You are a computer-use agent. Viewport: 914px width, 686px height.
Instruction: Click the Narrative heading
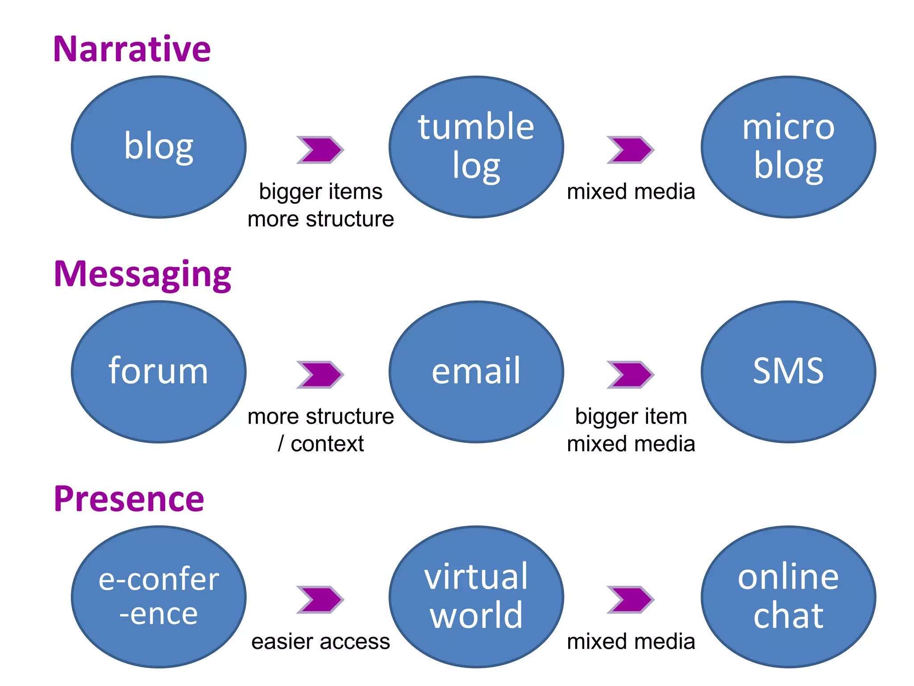coord(132,49)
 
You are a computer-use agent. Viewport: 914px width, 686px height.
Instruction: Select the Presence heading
coord(129,499)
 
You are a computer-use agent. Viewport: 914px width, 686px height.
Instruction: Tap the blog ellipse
coord(159,147)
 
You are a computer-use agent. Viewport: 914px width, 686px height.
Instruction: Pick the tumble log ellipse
coord(476,147)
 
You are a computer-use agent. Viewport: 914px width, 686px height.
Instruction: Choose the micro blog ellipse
coord(788,147)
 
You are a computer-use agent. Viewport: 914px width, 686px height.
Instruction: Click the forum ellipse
coord(159,372)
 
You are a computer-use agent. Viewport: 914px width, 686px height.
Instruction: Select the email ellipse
coord(476,372)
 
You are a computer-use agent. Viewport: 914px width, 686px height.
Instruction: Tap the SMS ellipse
coord(788,372)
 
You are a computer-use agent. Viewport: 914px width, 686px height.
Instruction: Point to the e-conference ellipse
coord(159,597)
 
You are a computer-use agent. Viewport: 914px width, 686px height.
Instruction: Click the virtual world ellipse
coord(476,597)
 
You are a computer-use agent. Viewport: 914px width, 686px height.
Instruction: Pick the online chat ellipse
coord(788,597)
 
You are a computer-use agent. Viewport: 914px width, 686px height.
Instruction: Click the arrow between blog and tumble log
coord(320,150)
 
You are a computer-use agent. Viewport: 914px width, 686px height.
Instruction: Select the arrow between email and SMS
coord(630,374)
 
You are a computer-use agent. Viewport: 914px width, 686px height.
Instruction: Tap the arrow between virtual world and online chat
coord(630,599)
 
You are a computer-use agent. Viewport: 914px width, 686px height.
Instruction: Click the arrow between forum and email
coord(320,374)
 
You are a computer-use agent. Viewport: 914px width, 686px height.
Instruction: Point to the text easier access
coord(320,642)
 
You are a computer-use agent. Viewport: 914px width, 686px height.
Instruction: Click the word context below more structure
coord(327,444)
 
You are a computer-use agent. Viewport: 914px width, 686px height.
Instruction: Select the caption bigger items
coord(320,192)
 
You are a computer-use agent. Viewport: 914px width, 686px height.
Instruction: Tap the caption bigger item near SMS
coord(631,417)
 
